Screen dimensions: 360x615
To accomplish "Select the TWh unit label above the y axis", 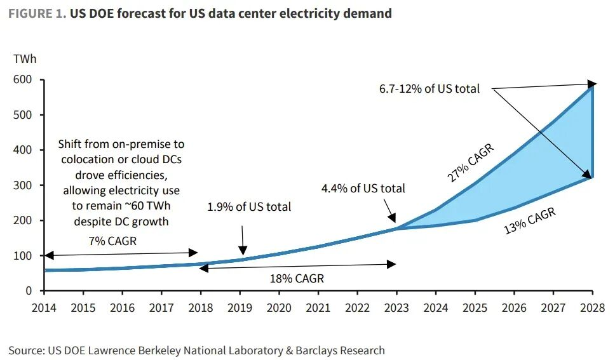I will [x=25, y=59].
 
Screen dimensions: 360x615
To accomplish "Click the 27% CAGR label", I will [x=471, y=163].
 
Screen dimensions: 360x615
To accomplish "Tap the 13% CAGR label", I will [x=530, y=220].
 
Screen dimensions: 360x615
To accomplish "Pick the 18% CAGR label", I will [x=297, y=278].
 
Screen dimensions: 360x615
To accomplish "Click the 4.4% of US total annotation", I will [x=363, y=188].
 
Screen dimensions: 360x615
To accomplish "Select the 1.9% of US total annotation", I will [x=249, y=206].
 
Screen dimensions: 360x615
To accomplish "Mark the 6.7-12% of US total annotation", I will [x=429, y=89].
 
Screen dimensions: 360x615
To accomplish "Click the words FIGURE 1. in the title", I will [x=37, y=13].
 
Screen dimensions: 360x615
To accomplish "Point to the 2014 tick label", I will [x=44, y=308].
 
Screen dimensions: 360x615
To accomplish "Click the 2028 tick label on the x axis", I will [x=592, y=308].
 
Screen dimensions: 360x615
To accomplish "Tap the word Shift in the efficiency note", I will [x=71, y=144].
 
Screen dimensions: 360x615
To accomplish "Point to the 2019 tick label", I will [x=240, y=308].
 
